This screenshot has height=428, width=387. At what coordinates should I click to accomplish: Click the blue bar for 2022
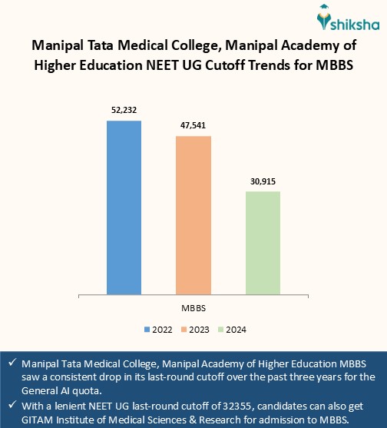pos(124,207)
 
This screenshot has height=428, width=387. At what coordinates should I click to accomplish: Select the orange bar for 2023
pos(193,215)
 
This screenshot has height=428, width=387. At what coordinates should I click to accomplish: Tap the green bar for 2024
pos(263,243)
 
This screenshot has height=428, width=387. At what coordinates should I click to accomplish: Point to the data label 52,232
pos(124,111)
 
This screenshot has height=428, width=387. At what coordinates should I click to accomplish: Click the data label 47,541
pos(193,125)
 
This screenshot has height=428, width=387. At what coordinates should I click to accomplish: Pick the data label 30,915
pos(263,181)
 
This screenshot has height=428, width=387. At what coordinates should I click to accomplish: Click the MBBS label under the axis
pos(193,307)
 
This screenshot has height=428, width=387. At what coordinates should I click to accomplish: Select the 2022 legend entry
pos(158,329)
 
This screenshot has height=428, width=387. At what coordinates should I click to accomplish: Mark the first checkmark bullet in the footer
pos(12,363)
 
